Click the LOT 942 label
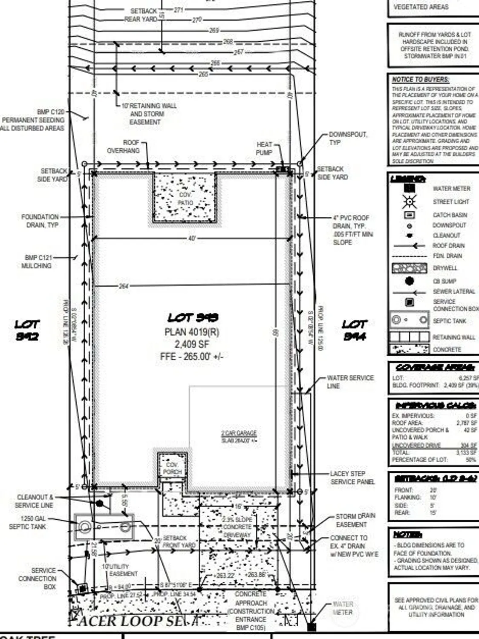pyautogui.click(x=27, y=330)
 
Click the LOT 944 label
pyautogui.click(x=354, y=330)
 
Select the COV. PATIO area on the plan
pyautogui.click(x=185, y=198)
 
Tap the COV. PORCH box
pyautogui.click(x=172, y=468)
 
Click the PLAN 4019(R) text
pyautogui.click(x=192, y=332)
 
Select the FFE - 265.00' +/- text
pyautogui.click(x=192, y=356)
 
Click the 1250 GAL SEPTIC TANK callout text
pyautogui.click(x=28, y=523)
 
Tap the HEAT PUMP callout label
pyautogui.click(x=264, y=149)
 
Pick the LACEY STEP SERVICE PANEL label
pyautogui.click(x=352, y=478)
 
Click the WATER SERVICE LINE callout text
pyautogui.click(x=350, y=382)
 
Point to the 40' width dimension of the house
pyautogui.click(x=192, y=239)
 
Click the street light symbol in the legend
pyautogui.click(x=410, y=201)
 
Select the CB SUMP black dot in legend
pyautogui.click(x=409, y=281)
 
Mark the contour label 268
pyautogui.click(x=228, y=42)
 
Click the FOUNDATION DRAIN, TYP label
pyautogui.click(x=40, y=221)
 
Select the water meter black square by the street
pyautogui.click(x=312, y=627)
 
